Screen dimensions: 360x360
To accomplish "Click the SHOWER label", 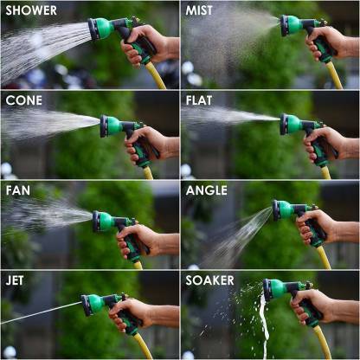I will (32, 11).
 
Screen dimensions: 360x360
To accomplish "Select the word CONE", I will (24, 100).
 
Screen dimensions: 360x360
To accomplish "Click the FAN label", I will (20, 190).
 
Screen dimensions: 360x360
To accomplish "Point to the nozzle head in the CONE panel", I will (108, 125).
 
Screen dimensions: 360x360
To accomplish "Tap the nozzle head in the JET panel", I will (89, 305).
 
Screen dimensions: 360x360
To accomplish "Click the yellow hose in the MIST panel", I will (334, 76).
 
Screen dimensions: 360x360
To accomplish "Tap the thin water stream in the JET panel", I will (39, 313).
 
